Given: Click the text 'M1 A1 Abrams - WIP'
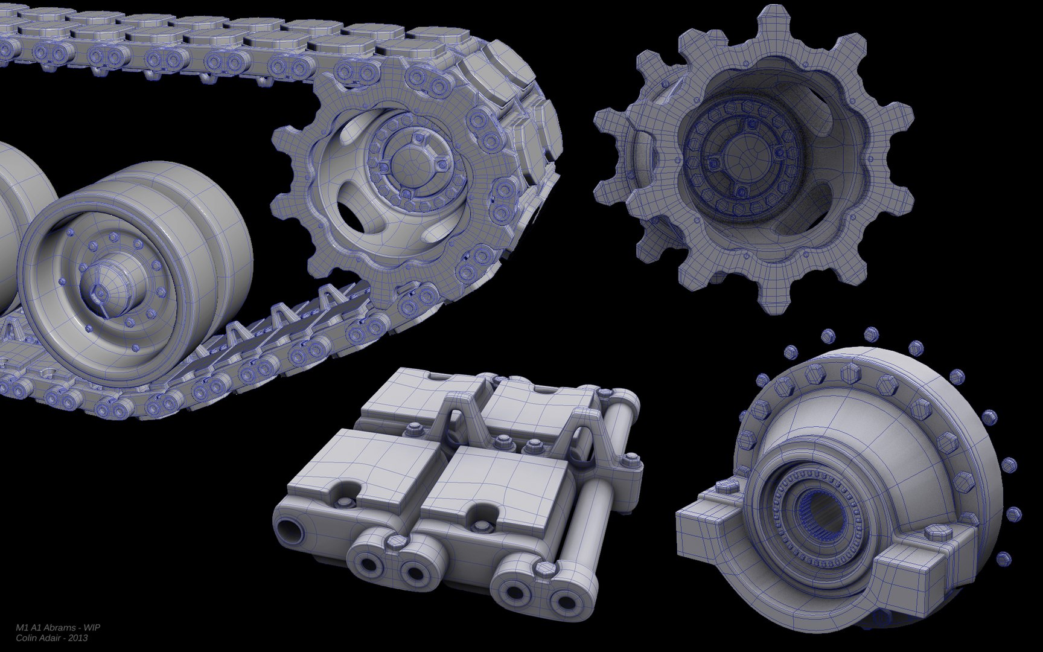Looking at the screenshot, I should pos(58,627).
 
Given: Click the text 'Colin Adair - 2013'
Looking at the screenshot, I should pos(52,638).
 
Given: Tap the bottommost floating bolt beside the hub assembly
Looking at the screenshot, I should pos(1003,558).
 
